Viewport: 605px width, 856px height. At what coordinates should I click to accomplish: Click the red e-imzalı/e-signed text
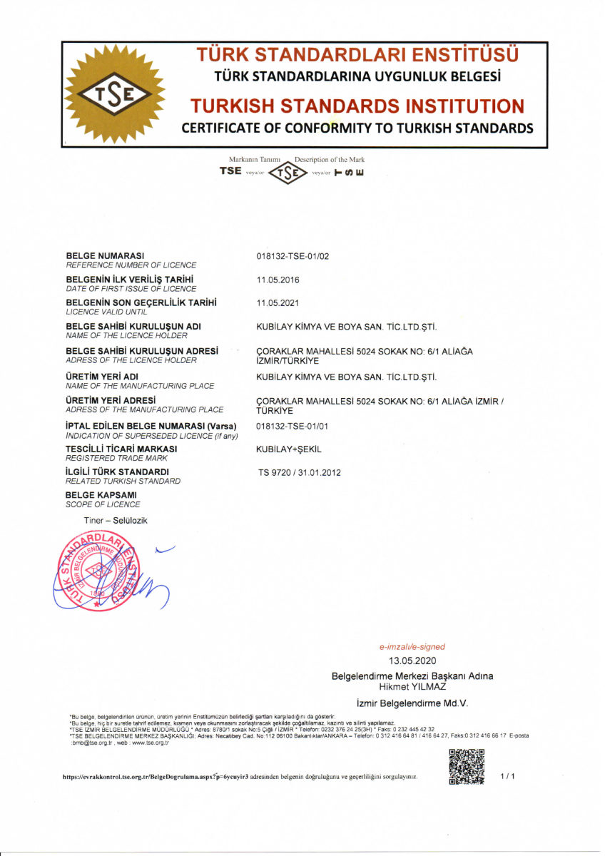coord(412,647)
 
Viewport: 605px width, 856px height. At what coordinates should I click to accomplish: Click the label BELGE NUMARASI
coord(105,255)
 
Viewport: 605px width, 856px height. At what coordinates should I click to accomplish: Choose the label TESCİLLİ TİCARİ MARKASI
coord(121,449)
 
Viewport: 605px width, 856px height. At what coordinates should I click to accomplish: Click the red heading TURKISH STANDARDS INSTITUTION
coord(357,107)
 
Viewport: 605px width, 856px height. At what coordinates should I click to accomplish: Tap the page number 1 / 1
coord(507,775)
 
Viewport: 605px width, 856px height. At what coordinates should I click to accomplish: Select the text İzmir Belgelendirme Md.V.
coord(412,703)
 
